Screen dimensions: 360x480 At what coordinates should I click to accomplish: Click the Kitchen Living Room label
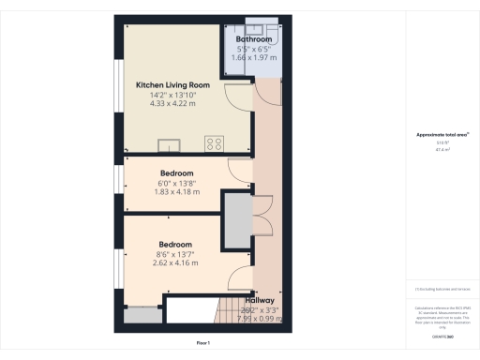tap(172, 83)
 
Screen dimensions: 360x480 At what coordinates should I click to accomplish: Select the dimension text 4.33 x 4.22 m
tap(172, 103)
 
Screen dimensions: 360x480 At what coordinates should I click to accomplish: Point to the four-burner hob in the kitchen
tap(214, 143)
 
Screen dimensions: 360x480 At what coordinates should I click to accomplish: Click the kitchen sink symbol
tap(171, 144)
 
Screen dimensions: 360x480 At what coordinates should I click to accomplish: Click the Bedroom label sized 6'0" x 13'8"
tap(176, 173)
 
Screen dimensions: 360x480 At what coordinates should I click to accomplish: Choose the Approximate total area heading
tap(437, 135)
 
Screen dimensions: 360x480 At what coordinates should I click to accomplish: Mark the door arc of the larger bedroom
tap(239, 276)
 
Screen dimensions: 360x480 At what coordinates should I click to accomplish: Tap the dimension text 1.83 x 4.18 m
tap(176, 192)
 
